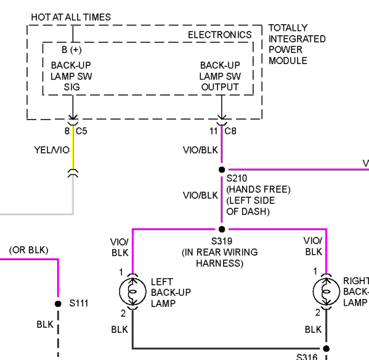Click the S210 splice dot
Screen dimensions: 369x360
[222, 170]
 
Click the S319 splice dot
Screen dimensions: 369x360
[222, 229]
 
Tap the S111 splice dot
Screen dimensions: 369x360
[58, 304]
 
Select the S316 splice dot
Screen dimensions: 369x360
[326, 348]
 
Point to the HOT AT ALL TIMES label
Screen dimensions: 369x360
[71, 17]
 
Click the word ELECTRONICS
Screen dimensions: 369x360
[220, 35]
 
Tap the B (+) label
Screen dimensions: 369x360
[71, 50]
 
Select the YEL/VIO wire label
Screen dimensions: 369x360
[52, 150]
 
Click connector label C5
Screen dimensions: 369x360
[81, 131]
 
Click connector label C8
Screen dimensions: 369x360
[230, 131]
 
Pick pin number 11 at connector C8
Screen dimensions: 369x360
[213, 131]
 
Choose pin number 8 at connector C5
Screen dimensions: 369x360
[67, 131]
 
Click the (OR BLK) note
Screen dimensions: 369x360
[29, 250]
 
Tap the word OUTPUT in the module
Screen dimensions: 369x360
[220, 87]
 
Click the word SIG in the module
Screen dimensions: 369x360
[72, 87]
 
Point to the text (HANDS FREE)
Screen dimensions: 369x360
[258, 189]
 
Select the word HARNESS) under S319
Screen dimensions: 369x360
[219, 263]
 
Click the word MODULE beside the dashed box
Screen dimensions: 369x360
[288, 61]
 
